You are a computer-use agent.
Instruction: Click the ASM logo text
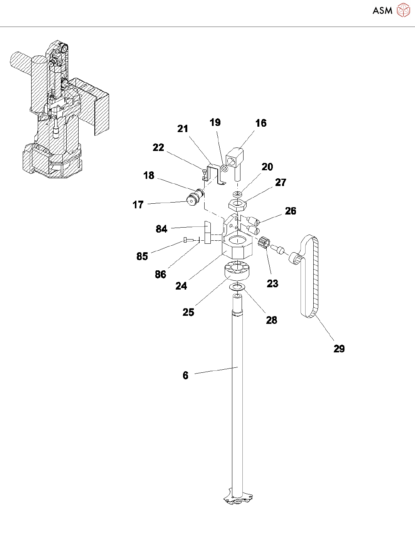tap(382, 11)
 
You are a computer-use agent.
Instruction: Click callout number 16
tap(261, 123)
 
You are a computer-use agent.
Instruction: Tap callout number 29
tap(339, 349)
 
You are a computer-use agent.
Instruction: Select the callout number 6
tap(185, 375)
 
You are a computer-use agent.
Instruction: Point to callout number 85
tap(142, 256)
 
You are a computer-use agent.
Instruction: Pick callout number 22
tap(158, 147)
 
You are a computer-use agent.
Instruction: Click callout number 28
tap(272, 320)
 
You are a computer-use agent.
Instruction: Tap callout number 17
tap(138, 205)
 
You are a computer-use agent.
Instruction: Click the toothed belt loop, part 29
tap(316, 277)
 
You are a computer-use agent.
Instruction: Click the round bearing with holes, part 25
tap(236, 270)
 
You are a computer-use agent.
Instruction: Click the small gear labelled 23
tap(264, 243)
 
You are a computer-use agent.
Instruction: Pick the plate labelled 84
tap(207, 233)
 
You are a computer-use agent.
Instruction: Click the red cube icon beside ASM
tap(403, 10)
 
